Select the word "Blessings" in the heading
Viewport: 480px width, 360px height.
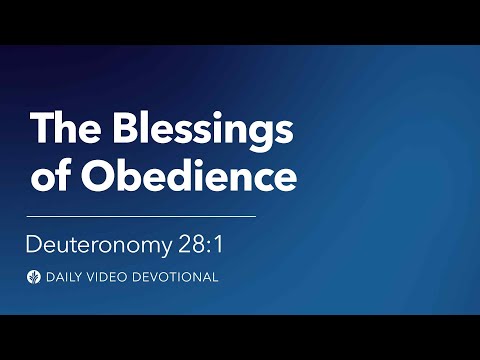(204, 130)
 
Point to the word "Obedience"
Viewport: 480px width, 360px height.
(186, 176)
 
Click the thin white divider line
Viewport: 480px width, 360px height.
(141, 215)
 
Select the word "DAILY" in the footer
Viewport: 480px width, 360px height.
(65, 277)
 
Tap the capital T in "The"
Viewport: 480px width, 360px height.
(40, 130)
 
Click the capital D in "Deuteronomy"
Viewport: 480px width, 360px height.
(34, 245)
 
